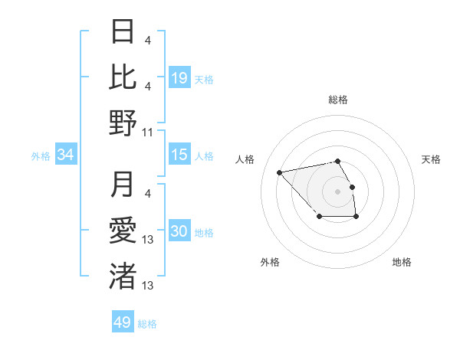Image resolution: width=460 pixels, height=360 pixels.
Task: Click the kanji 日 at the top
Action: click(123, 32)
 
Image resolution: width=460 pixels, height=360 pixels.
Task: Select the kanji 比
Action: click(123, 77)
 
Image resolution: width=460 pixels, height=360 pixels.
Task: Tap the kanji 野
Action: click(123, 122)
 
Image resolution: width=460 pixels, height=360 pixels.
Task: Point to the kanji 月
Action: click(123, 185)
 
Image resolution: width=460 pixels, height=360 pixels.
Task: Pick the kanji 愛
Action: click(123, 230)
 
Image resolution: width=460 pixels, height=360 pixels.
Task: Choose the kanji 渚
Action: click(123, 275)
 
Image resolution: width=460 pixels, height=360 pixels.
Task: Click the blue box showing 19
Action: click(179, 77)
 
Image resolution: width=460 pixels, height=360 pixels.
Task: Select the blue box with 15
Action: click(179, 155)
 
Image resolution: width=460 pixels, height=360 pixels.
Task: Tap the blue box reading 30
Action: click(179, 231)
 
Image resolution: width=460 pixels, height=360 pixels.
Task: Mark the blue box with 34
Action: click(66, 155)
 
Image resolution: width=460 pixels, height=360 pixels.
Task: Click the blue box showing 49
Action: click(123, 322)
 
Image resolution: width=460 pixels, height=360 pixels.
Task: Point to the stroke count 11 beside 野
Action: click(148, 132)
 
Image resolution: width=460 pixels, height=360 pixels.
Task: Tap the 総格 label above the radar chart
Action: click(338, 100)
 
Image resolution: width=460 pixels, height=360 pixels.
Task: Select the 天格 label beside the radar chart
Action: click(432, 159)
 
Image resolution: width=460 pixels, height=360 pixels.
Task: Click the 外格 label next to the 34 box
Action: click(41, 155)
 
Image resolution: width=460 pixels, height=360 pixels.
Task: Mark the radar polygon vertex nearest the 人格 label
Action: click(280, 172)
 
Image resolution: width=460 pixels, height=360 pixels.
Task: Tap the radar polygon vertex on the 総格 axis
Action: click(338, 161)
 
